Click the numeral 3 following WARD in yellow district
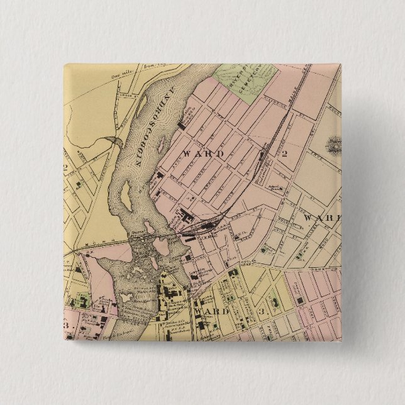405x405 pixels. pos(260,312)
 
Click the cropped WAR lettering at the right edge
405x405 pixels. pos(321,218)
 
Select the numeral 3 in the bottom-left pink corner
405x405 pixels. pos(66,326)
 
